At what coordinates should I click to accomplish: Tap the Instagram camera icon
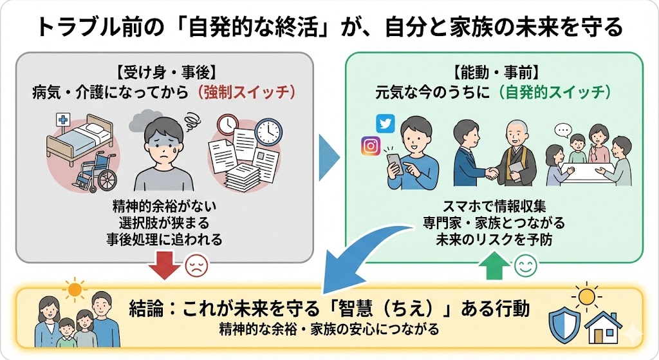pos(371,146)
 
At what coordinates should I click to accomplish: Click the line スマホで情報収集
pos(494,207)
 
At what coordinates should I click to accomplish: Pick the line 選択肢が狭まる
pos(165,223)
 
